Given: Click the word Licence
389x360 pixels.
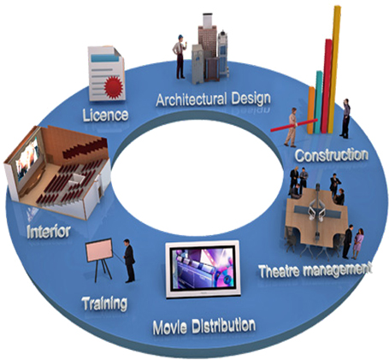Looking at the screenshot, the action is (105, 115).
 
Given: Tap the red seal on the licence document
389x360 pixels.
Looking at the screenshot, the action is (114, 87).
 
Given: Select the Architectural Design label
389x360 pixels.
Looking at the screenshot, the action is (213, 99).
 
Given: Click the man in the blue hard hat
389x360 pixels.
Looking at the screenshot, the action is (180, 56).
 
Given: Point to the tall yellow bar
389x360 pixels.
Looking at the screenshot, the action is (334, 69).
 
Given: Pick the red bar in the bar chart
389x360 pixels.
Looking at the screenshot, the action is (326, 86).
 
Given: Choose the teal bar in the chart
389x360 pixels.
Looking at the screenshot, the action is (318, 102).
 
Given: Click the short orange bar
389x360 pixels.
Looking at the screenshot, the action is (310, 110).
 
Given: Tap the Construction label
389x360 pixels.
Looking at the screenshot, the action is (332, 156).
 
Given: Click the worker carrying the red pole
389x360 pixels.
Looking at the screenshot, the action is (292, 127).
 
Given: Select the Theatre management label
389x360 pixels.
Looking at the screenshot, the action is (315, 270).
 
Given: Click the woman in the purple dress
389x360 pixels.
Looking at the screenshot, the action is (358, 244).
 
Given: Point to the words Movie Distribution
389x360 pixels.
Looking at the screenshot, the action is (204, 327).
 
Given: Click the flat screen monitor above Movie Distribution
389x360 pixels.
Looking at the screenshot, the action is (203, 269).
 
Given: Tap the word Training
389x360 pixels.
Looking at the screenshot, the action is (104, 304).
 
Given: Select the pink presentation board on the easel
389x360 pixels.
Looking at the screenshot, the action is (99, 250).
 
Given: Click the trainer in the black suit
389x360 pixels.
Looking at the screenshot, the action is (129, 261).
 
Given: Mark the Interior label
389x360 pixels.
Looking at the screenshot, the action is (49, 232).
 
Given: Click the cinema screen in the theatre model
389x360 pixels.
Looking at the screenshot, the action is (27, 158).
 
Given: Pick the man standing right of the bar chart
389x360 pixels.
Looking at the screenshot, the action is (345, 119).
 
